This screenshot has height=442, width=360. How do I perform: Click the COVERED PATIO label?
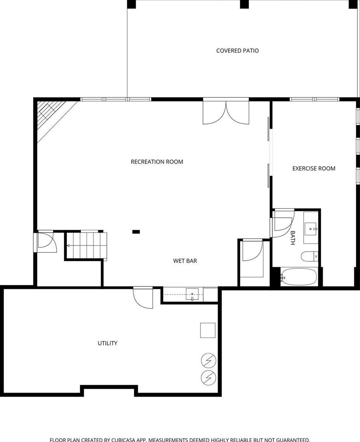click(238, 51)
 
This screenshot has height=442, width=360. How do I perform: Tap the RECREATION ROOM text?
click(157, 162)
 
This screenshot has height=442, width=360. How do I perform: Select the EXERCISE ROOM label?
click(314, 169)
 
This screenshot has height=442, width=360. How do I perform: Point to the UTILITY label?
click(107, 343)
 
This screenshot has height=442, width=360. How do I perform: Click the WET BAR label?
click(185, 261)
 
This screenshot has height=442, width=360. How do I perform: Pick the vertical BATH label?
click(293, 238)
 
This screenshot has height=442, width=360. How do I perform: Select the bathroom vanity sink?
click(311, 229)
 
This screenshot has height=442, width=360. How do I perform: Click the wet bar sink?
click(192, 295)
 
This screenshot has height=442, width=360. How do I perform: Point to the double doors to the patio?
click(226, 113)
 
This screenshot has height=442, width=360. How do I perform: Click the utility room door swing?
click(143, 298)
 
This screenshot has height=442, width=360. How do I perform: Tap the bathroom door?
click(283, 223)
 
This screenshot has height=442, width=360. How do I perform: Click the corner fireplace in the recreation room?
click(53, 118)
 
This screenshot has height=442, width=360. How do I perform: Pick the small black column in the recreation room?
click(136, 232)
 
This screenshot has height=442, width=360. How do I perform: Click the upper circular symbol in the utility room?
click(209, 360)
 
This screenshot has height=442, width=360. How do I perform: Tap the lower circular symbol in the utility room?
click(209, 377)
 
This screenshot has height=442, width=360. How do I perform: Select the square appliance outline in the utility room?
click(208, 330)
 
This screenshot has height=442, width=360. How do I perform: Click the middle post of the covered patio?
click(245, 4)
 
